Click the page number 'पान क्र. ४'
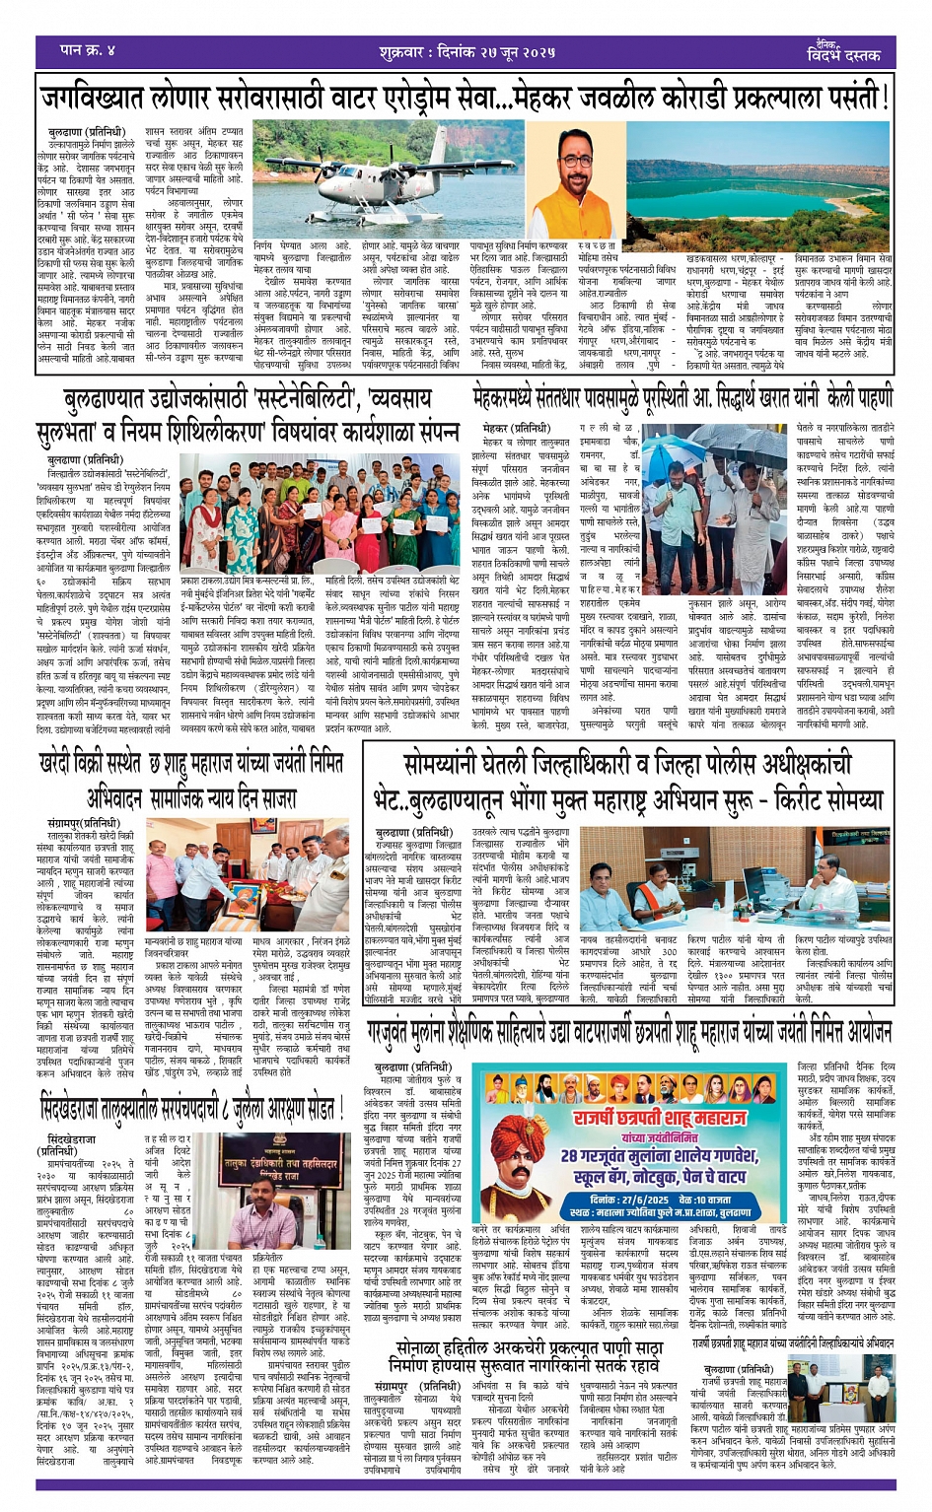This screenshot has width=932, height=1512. tap(90, 49)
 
